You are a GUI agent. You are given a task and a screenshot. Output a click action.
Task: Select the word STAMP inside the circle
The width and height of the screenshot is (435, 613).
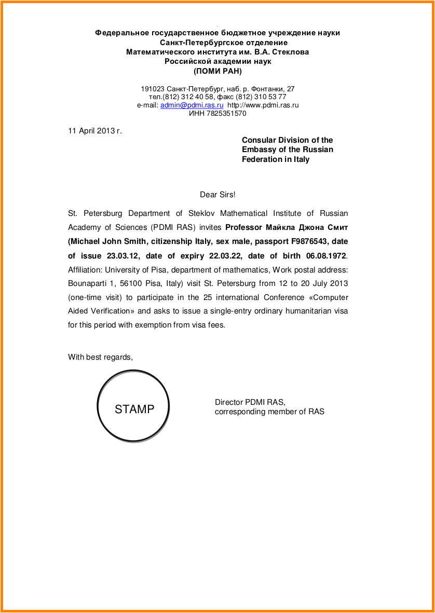[134, 409]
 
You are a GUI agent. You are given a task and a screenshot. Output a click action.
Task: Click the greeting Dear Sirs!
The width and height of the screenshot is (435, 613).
[217, 195]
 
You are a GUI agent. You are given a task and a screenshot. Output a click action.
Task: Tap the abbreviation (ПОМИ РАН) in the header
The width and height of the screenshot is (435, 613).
[217, 71]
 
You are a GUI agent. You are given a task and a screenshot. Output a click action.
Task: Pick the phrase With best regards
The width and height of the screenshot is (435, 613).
[100, 357]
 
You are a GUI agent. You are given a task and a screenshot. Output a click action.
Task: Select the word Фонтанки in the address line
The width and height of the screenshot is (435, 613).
[265, 89]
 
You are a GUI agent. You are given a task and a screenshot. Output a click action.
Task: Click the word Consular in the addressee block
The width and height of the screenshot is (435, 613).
[259, 140]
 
